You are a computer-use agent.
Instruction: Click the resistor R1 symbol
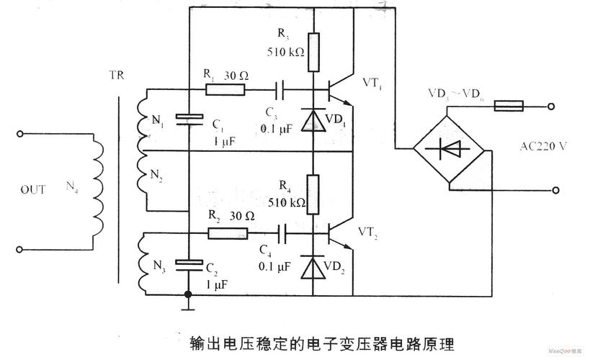coord(225,90)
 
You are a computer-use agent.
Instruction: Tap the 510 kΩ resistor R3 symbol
coord(313,53)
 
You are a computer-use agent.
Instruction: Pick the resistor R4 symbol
coord(313,194)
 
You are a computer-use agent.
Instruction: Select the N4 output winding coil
coord(94,190)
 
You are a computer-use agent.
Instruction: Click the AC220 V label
coord(543,145)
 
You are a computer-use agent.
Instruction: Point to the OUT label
coord(33,190)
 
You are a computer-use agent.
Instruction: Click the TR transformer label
coord(117,73)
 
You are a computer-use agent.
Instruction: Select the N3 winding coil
coord(145,264)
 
